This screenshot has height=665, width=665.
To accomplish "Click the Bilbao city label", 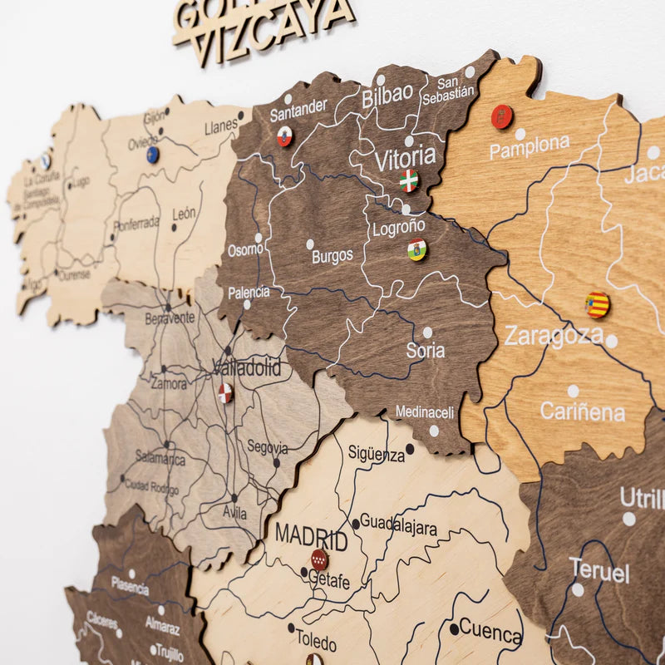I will [387, 96].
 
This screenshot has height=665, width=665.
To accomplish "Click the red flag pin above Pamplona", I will [501, 116].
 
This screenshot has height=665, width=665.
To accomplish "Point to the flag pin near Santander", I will [284, 136].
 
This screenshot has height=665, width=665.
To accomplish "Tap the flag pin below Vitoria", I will [408, 180].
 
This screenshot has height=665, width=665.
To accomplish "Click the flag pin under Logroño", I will [416, 249].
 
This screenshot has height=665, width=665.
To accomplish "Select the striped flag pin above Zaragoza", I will [597, 304].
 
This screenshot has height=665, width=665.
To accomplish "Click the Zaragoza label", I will [553, 336].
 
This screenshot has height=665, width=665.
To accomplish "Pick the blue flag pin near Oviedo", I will [152, 154].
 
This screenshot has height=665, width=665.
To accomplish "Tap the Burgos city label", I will [332, 256].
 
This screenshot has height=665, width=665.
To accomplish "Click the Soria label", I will [425, 351].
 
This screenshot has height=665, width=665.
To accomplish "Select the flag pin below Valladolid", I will [225, 393].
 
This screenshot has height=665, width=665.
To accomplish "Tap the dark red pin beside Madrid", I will [319, 559].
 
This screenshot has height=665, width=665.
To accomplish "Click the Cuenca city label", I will [490, 631].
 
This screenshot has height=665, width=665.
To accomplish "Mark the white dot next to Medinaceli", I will [433, 431].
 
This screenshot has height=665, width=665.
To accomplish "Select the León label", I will [184, 214].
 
